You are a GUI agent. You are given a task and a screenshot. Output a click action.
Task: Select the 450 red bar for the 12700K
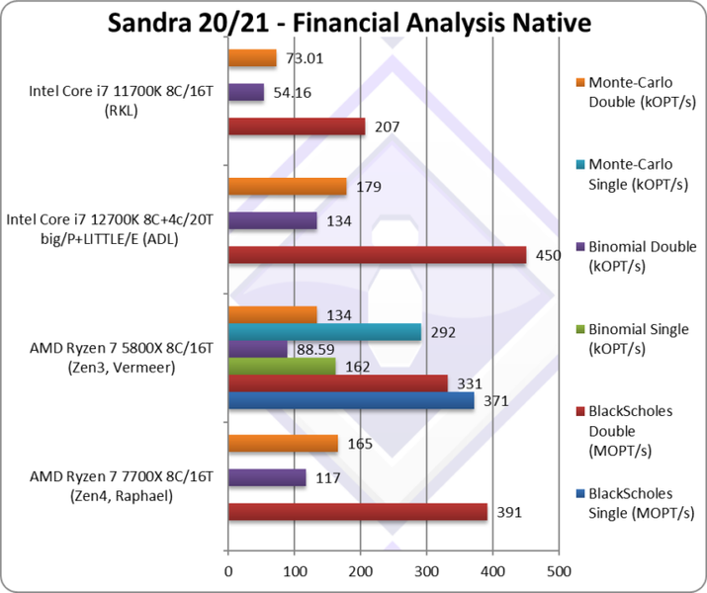pos(377,255)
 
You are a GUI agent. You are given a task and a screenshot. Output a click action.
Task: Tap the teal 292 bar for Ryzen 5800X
pos(324,331)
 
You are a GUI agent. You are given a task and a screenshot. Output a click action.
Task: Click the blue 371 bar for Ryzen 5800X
pos(350,400)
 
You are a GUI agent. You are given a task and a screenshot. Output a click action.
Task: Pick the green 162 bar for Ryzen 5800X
pos(282,366)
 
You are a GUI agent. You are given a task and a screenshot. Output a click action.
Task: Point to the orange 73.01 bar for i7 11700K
pos(252,58)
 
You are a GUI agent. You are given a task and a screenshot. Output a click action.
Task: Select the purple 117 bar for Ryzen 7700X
pos(267,477)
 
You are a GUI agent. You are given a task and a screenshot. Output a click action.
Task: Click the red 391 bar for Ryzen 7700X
pos(358,511)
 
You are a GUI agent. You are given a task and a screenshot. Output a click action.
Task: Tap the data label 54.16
pos(293,93)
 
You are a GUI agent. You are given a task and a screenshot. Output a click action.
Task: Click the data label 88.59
pos(316,349)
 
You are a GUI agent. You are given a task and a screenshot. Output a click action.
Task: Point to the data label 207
pos(388,127)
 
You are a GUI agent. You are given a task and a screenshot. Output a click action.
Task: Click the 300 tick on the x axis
pos(426,570)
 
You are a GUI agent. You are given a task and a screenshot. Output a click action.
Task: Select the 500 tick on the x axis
pos(559,570)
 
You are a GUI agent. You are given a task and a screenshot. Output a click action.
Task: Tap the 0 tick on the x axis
pos(228,570)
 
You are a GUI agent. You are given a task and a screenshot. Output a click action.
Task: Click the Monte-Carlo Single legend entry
pos(630,174)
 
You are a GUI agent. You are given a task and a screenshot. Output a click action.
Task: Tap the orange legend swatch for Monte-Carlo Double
pos(578,83)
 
